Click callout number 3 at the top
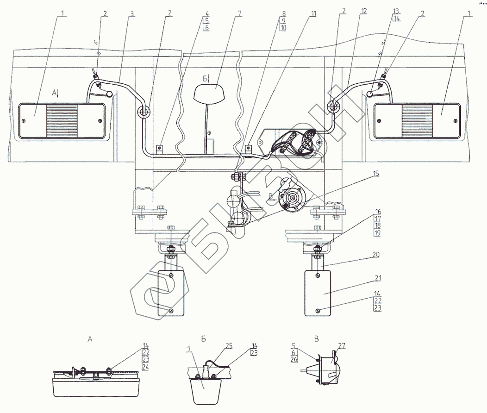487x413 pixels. pos(132,13)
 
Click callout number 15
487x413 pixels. pos(375,174)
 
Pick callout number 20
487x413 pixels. pos(376,254)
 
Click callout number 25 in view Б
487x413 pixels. pos(229,346)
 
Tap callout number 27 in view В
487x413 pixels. pos(342,345)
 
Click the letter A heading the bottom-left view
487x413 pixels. pos(90,339)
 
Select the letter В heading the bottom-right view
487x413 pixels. pos(317,339)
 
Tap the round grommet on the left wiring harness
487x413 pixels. pos(144,111)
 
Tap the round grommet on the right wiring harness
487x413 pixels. pos(333,106)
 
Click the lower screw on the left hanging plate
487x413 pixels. pos(171,310)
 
